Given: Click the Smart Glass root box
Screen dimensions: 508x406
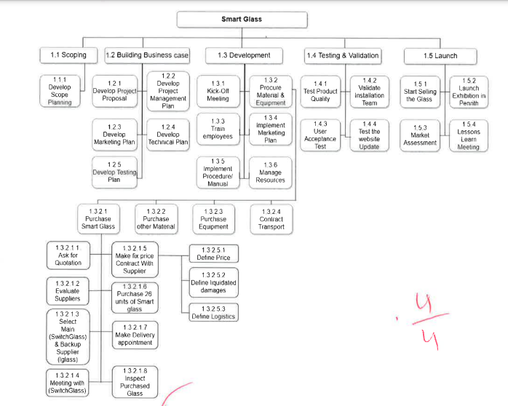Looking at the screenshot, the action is (x=241, y=19).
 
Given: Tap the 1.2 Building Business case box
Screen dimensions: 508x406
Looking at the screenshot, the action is (x=147, y=55).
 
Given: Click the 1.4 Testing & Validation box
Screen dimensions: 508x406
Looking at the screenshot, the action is (x=342, y=55).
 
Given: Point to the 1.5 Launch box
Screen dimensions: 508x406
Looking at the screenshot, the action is (x=440, y=55).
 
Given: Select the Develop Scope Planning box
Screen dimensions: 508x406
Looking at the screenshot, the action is (x=60, y=92).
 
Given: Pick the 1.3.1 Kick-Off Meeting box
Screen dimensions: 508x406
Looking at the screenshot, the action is (x=218, y=92).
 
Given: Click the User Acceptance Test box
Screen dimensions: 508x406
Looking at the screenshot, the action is (x=321, y=134).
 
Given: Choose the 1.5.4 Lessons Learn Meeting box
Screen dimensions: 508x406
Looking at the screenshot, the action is (x=469, y=135).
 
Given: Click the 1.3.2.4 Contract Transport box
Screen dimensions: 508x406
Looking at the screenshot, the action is (x=271, y=219).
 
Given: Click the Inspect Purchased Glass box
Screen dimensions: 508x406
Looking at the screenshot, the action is (x=135, y=381).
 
